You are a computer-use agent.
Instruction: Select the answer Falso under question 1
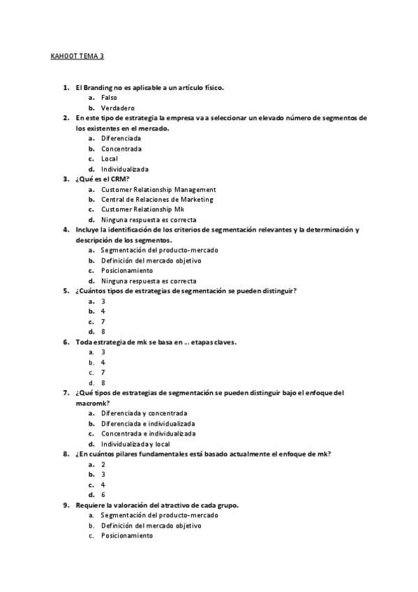[x=109, y=98]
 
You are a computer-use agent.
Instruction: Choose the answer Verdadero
[x=117, y=108]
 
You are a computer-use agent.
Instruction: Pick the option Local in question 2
[x=110, y=158]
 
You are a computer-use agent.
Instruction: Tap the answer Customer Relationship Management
[x=158, y=189]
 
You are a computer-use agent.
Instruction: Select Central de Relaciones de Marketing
[x=157, y=200]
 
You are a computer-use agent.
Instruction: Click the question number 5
[x=65, y=290]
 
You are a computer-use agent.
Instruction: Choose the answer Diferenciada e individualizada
[x=148, y=423]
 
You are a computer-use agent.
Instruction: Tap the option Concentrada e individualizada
[x=148, y=434]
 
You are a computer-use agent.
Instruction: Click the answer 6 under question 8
[x=103, y=494]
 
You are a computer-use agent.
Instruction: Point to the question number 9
[x=65, y=505]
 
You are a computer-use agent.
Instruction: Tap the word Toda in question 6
[x=84, y=342]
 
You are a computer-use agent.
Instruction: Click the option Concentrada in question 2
[x=121, y=149]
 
